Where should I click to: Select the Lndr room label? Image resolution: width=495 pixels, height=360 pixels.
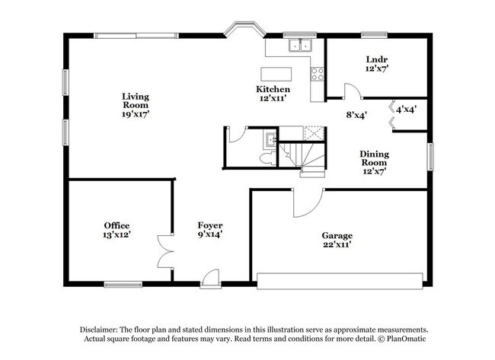(376, 60)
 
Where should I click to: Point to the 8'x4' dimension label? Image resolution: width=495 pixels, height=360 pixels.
(356, 116)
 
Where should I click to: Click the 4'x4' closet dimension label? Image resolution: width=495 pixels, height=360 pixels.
(406, 110)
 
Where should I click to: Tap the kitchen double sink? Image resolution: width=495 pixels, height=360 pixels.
(299, 45)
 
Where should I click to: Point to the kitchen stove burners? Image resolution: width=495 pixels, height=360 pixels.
(318, 74)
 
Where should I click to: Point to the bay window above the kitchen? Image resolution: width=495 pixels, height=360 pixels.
(244, 30)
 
